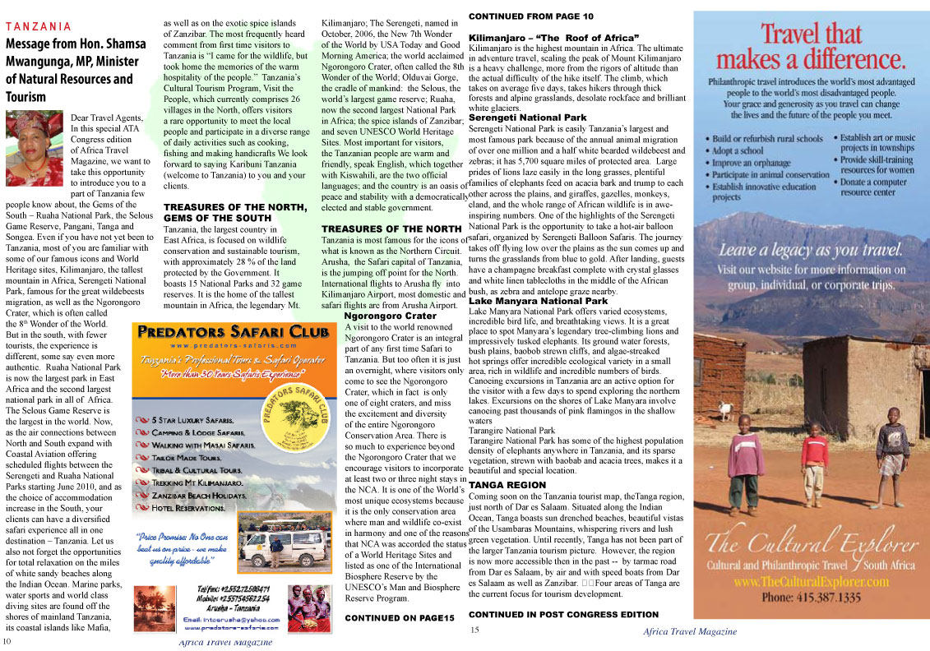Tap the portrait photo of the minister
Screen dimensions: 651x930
click(x=35, y=136)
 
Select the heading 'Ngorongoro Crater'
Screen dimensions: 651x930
click(x=390, y=316)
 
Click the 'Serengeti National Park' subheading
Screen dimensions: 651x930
click(x=528, y=118)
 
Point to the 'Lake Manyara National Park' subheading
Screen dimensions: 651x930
click(x=538, y=302)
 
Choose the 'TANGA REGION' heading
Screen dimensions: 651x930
click(x=507, y=486)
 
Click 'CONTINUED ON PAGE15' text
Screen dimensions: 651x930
click(x=399, y=617)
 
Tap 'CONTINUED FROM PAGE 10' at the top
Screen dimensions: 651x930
click(x=530, y=16)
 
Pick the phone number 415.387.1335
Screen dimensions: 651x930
click(x=811, y=598)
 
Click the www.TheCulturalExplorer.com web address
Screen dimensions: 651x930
click(x=811, y=581)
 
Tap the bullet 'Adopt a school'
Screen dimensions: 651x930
click(x=738, y=151)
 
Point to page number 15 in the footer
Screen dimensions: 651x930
click(x=474, y=630)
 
